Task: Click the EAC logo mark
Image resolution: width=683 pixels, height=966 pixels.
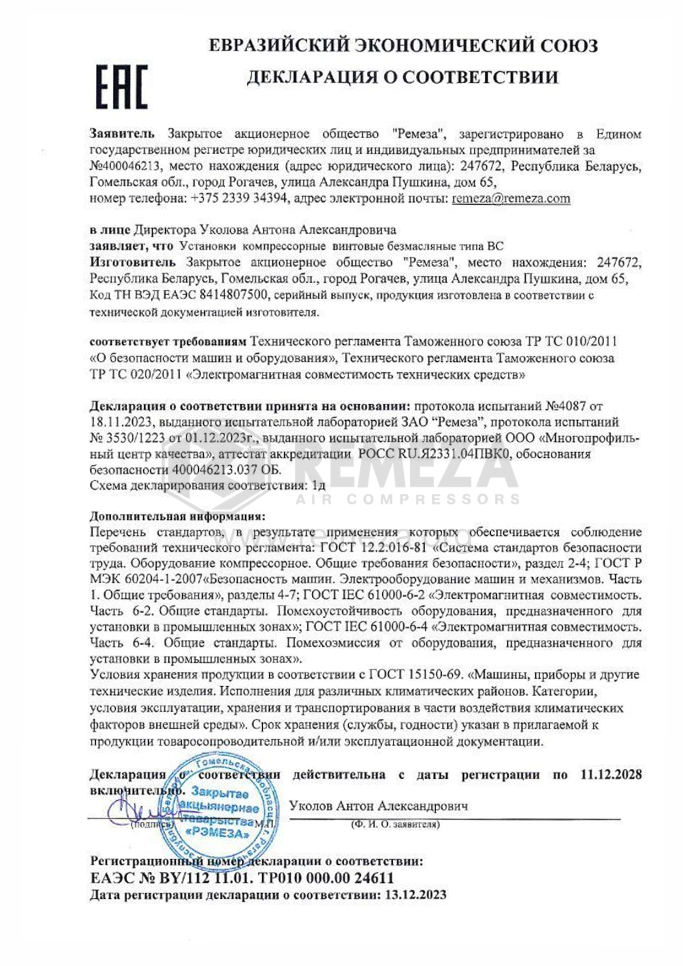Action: coord(122,86)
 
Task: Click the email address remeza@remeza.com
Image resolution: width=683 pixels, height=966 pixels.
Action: coord(511,198)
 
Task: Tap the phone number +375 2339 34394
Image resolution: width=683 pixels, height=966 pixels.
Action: coord(238,198)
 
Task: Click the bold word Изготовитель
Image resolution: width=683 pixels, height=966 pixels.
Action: coord(133,262)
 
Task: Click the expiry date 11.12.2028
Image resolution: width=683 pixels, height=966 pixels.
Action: coord(611,774)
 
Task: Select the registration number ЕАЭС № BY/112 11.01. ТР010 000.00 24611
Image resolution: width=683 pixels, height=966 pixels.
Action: coord(242,877)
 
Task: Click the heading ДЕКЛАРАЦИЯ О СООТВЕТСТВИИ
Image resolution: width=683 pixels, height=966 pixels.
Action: coord(402,77)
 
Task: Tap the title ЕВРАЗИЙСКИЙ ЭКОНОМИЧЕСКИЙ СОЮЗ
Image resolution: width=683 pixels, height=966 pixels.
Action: coord(403,45)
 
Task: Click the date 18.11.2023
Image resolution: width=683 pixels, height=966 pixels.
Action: coord(120,422)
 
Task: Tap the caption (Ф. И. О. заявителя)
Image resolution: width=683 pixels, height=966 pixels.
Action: coord(395,824)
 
